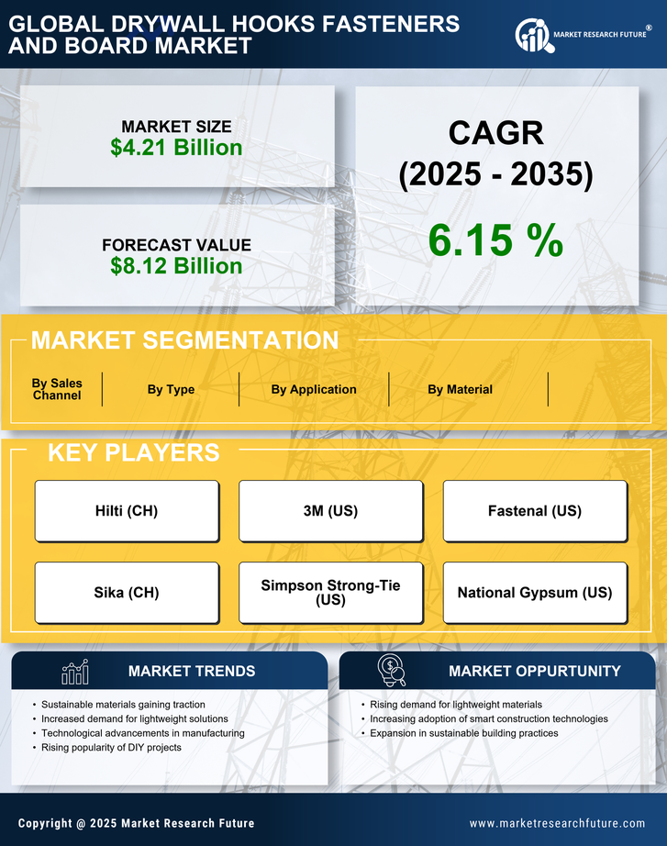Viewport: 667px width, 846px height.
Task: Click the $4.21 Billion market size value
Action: pos(176,148)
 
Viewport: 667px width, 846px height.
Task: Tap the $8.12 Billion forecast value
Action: pos(176,266)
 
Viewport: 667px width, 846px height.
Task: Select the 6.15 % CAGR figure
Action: pos(495,240)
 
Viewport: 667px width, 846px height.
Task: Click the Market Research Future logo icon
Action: pos(532,36)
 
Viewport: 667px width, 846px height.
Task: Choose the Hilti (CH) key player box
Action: pos(127,511)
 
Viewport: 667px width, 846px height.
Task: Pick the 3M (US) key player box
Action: pos(330,511)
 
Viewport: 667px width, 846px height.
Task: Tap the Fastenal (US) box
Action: pos(535,511)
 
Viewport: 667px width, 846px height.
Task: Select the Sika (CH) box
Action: pos(127,593)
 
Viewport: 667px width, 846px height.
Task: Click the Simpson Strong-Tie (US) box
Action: pos(330,593)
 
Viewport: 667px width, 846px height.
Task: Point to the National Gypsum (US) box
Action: pos(535,593)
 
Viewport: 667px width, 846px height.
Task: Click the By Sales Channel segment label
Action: pos(57,389)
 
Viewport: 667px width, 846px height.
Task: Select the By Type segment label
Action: pos(171,389)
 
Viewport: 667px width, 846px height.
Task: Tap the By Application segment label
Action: pos(314,389)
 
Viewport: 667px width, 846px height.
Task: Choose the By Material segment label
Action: pos(460,389)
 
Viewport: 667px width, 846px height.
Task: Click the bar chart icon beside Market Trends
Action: pos(75,672)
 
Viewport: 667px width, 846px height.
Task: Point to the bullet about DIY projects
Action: pos(112,748)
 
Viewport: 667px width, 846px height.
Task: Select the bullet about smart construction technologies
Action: pos(488,718)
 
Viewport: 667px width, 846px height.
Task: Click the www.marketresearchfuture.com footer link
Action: pos(557,823)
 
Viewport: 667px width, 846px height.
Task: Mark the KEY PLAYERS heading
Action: pos(133,452)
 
